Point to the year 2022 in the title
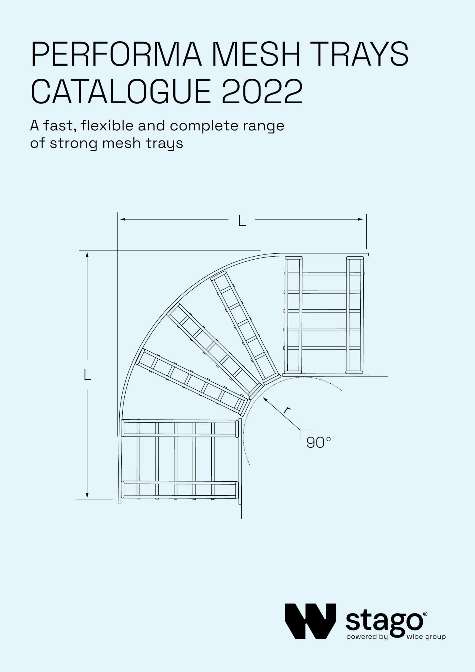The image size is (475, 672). (262, 91)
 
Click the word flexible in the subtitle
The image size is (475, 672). (107, 126)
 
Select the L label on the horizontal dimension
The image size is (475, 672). (242, 221)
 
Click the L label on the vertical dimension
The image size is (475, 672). (87, 375)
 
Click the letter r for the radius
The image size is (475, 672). (286, 410)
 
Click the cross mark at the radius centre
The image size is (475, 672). (300, 429)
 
